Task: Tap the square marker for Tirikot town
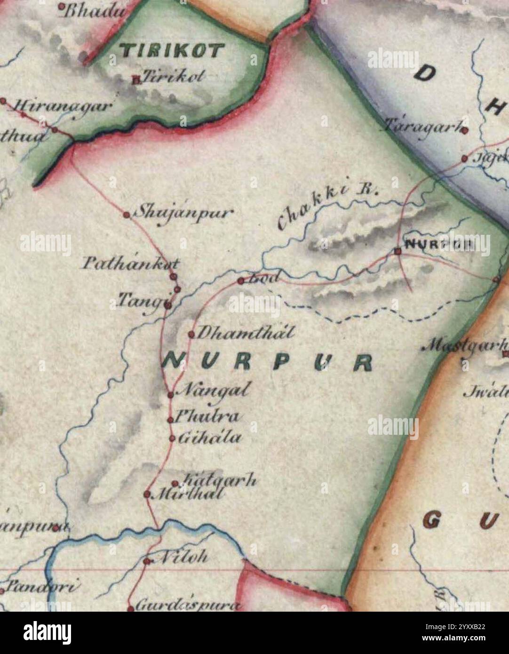tap(136, 80)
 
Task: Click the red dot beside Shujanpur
tap(126, 215)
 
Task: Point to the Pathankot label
tap(130, 263)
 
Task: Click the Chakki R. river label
tap(327, 205)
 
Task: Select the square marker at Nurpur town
tap(398, 251)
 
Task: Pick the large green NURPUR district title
tap(268, 362)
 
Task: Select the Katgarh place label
tap(219, 481)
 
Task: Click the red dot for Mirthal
tap(147, 494)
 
